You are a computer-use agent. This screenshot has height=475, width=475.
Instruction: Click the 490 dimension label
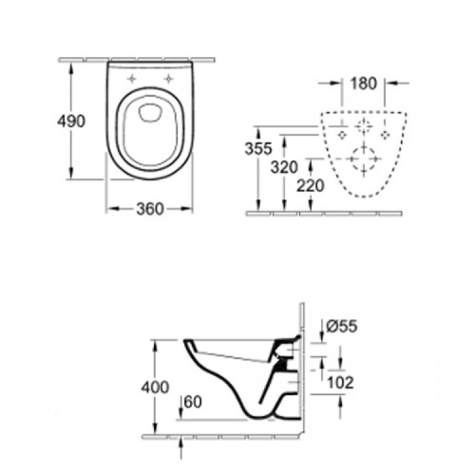point(72,122)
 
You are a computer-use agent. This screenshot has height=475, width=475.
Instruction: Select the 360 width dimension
point(149,208)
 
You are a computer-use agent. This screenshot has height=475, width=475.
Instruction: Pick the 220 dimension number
point(310,186)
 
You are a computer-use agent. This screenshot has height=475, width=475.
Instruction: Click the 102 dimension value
point(341,382)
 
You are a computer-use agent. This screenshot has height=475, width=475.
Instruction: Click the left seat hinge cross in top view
point(132,79)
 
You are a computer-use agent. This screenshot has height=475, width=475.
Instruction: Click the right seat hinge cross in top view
point(169,79)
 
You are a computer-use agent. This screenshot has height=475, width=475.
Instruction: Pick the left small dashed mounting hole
point(341,134)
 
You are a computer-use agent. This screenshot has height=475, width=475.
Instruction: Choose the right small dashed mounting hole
point(384,134)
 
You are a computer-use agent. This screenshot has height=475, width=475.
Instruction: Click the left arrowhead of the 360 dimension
point(109,208)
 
